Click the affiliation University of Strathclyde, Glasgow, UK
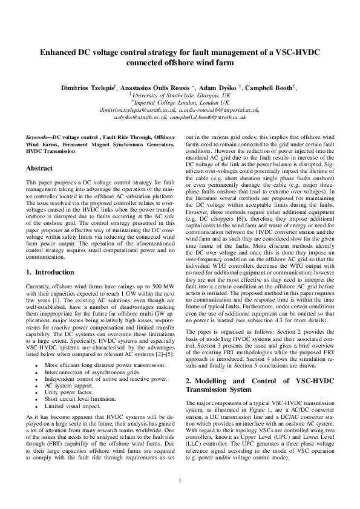click(x=182, y=96)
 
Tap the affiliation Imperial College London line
click(x=182, y=103)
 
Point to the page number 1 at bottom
click(x=180, y=481)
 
